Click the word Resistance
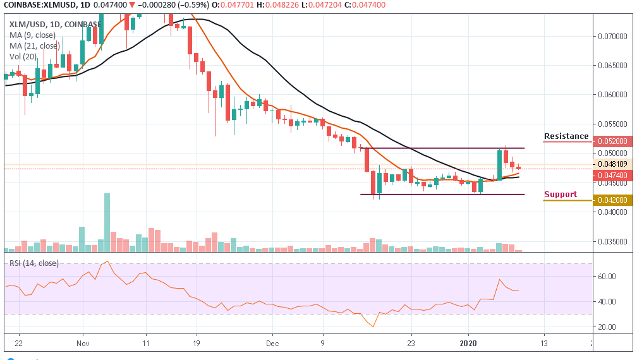click(566, 136)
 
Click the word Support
click(561, 195)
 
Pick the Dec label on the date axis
click(272, 344)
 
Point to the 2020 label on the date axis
click(468, 344)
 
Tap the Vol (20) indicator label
click(25, 56)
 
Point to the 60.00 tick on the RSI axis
click(608, 276)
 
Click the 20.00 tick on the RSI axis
click(608, 327)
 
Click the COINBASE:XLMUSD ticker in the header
click(39, 5)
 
